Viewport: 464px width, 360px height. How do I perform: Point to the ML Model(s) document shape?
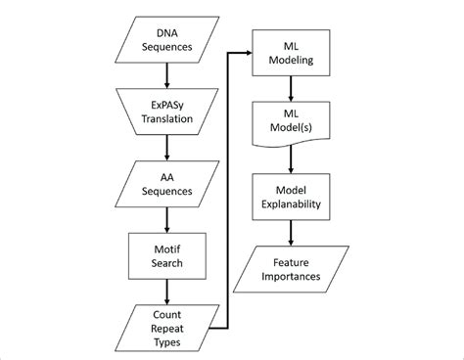click(291, 123)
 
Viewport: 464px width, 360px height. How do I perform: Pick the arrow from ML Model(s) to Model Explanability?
click(291, 158)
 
